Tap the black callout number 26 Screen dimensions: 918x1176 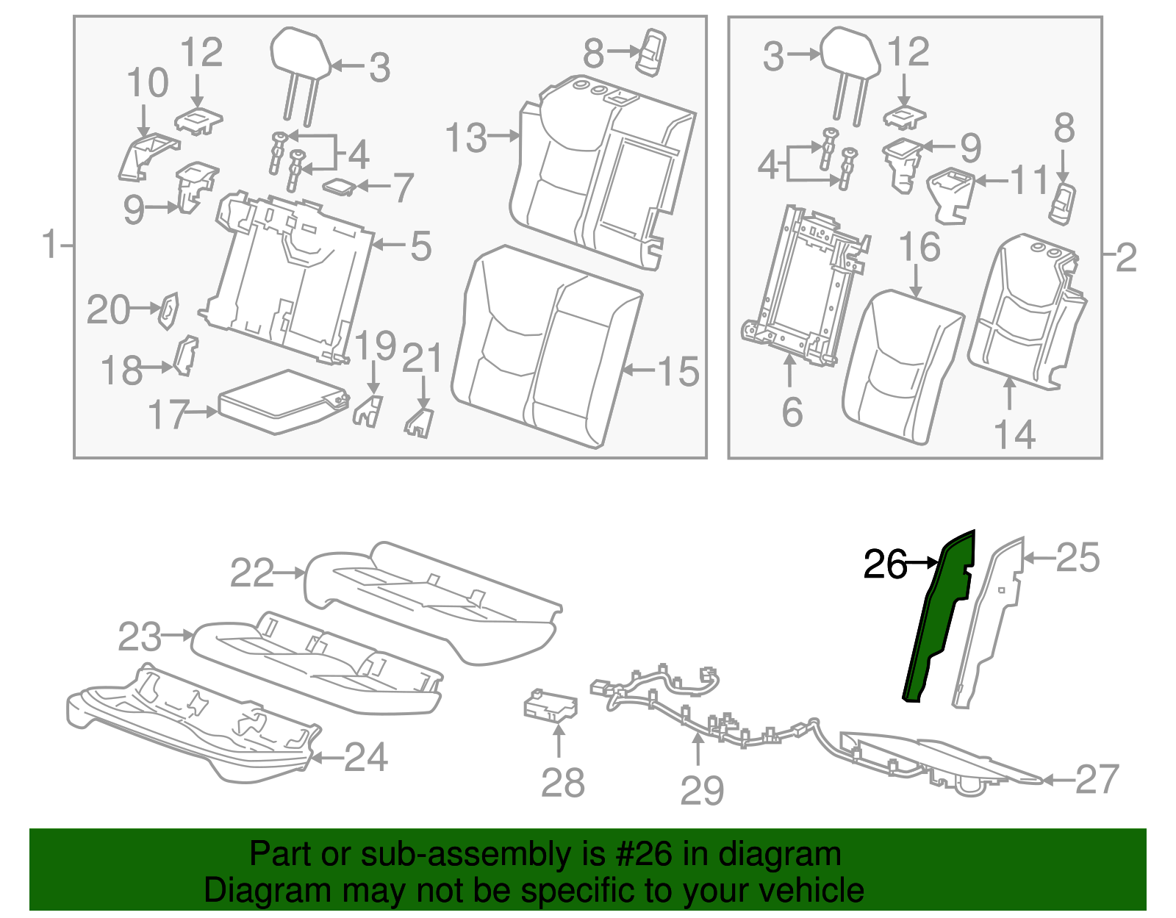click(x=884, y=564)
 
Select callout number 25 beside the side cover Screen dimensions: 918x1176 click(x=1078, y=558)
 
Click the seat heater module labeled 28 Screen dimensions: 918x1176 click(x=550, y=705)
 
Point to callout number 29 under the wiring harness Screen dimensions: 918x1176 click(x=702, y=791)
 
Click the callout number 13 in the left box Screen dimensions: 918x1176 click(x=466, y=138)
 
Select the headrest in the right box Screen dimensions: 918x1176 click(x=850, y=52)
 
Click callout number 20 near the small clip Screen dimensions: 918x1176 click(x=108, y=310)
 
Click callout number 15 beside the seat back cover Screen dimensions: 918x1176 click(x=678, y=371)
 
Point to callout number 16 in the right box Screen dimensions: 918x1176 click(x=919, y=247)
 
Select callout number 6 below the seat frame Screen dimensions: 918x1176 click(x=792, y=412)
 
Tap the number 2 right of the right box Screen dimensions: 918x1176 click(x=1125, y=257)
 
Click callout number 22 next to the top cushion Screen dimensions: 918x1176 click(x=252, y=573)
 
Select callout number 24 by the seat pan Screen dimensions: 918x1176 click(x=365, y=757)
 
